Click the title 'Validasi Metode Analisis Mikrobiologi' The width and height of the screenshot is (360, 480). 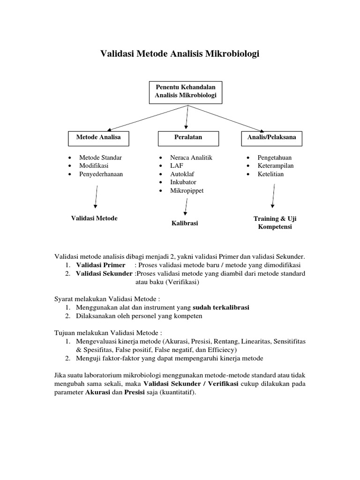pyautogui.click(x=180, y=54)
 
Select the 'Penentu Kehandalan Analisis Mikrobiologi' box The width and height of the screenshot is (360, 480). pyautogui.click(x=186, y=91)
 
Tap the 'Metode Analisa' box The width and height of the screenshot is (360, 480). pyautogui.click(x=98, y=137)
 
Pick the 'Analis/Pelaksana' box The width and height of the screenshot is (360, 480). pyautogui.click(x=271, y=137)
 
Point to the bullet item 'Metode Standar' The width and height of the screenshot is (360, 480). pyautogui.click(x=100, y=157)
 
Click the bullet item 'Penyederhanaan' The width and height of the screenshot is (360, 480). pyautogui.click(x=104, y=174)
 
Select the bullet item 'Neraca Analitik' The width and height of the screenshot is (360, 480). pyautogui.click(x=191, y=157)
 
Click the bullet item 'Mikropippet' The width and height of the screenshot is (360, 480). pyautogui.click(x=187, y=191)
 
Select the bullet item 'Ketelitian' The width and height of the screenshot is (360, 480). pyautogui.click(x=270, y=174)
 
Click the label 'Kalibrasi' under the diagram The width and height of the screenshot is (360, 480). pyautogui.click(x=185, y=223)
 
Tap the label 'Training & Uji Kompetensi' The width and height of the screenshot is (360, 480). pyautogui.click(x=275, y=223)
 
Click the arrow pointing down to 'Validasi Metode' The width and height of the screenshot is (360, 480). pyautogui.click(x=96, y=196)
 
